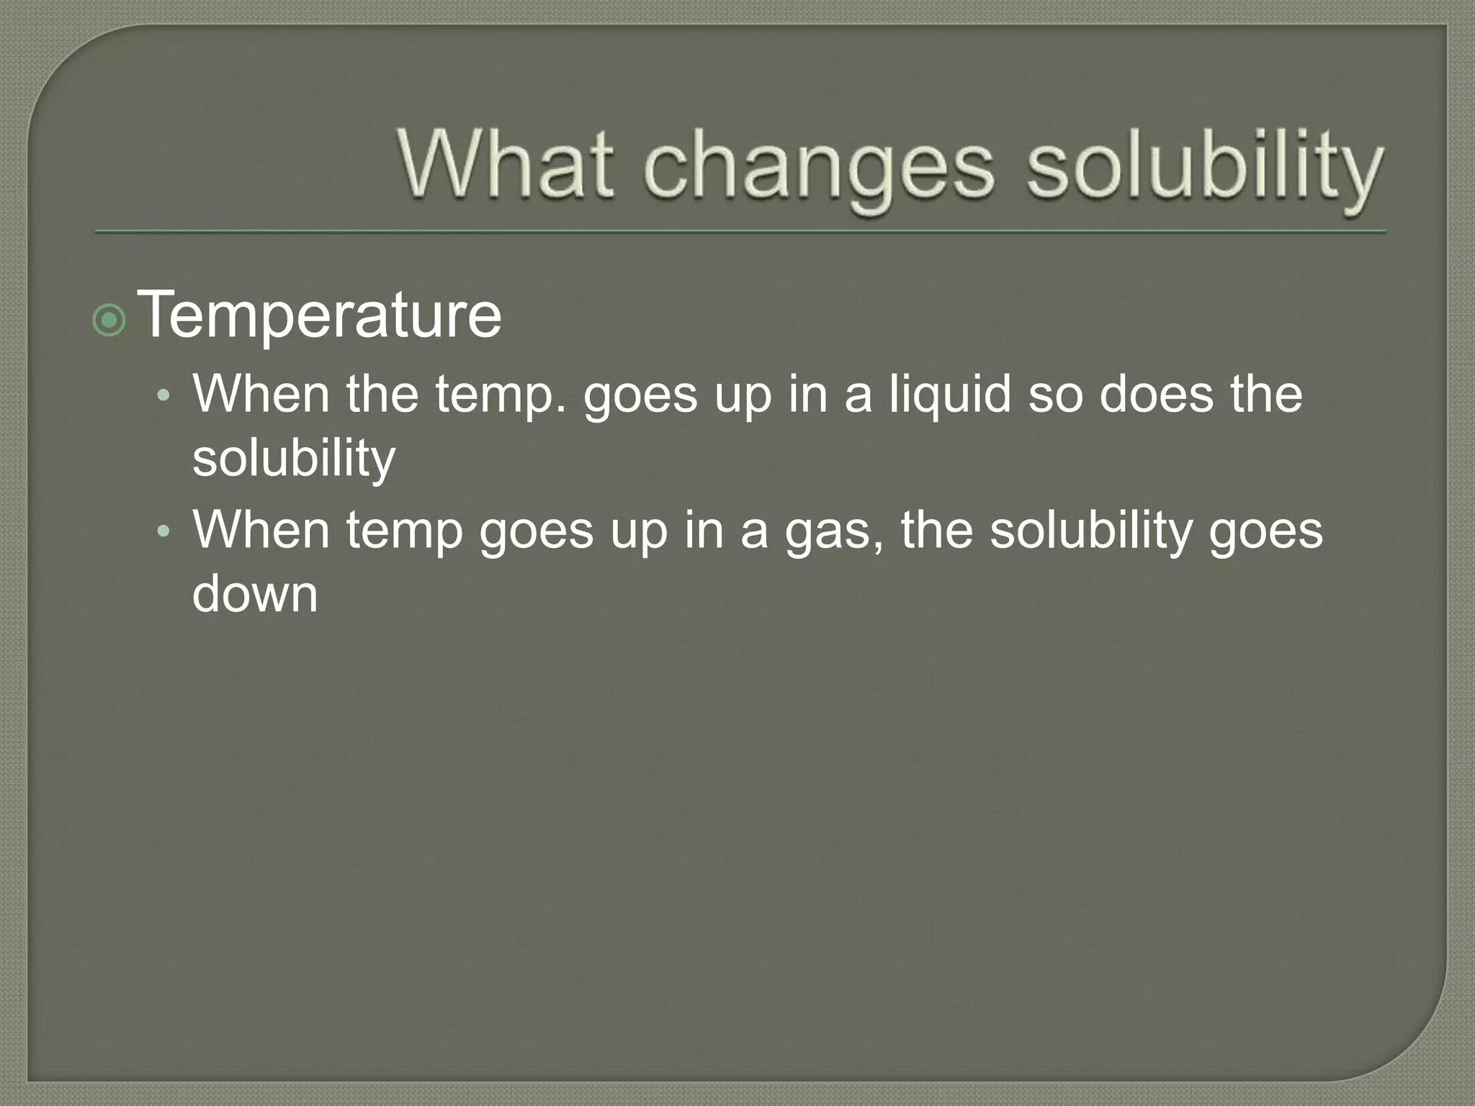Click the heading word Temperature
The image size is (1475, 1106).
click(x=319, y=315)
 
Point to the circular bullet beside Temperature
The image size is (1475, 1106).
click(x=109, y=320)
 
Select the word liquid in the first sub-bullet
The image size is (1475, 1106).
click(x=950, y=395)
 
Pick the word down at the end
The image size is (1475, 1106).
click(x=255, y=594)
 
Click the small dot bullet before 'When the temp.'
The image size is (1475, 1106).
click(x=164, y=395)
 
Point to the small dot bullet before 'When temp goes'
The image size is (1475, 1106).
click(x=164, y=531)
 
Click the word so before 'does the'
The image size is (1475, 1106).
click(x=1055, y=395)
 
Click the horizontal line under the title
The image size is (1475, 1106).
click(x=740, y=232)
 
